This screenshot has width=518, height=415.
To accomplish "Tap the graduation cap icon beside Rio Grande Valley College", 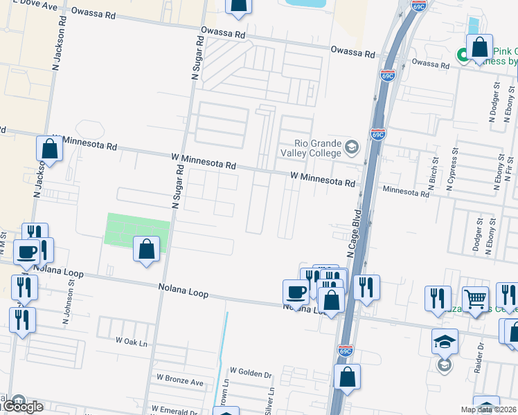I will point(352,148).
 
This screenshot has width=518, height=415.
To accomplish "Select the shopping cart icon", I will point(476,299).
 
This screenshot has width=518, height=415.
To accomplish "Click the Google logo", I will point(22,407).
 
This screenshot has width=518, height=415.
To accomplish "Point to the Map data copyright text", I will point(488,409).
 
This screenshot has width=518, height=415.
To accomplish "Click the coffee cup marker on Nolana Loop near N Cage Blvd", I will point(296,292).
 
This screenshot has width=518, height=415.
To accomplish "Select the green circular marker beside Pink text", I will point(462,53).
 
